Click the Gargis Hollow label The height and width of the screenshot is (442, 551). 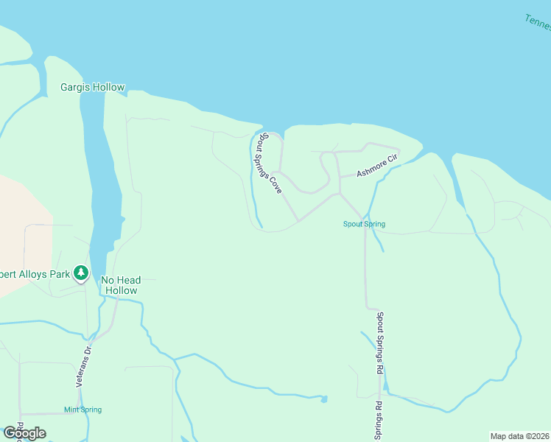pos(92,88)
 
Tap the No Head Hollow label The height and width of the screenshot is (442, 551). pos(121,285)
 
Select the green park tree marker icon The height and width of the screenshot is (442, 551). pos(81,274)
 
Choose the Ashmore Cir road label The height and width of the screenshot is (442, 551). pos(377,166)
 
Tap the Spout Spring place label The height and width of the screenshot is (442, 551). pos(364,224)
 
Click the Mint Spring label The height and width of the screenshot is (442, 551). pos(83,410)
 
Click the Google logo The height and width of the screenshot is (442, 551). pos(24,433)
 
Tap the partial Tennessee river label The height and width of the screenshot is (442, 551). pos(538,23)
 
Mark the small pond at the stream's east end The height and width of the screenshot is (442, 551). pos(323,399)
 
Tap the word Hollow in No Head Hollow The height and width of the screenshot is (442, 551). pos(121,290)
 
